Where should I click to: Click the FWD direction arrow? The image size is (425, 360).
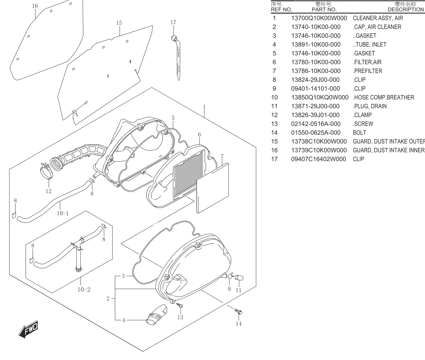[x=28, y=329]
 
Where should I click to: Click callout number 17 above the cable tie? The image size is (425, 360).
[x=173, y=22]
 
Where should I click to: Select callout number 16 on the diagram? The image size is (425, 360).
[x=35, y=6]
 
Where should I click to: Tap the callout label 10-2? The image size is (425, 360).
[x=84, y=290]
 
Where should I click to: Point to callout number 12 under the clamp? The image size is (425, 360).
[x=49, y=191]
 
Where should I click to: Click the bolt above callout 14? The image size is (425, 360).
[x=238, y=312]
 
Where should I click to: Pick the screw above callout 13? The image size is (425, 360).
[x=180, y=305]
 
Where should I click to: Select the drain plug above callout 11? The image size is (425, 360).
[x=239, y=278]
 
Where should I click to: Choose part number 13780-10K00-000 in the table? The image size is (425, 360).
[x=316, y=62]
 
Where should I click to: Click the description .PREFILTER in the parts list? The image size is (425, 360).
[x=367, y=71]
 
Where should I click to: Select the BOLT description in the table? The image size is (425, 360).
[x=359, y=133]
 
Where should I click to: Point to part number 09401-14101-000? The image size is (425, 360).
[x=315, y=89]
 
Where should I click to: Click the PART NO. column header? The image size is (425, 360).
[x=324, y=10]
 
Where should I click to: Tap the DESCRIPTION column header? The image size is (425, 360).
[x=406, y=10]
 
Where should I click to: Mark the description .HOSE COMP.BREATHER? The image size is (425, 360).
[x=383, y=98]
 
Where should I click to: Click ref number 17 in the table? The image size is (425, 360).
[x=274, y=159]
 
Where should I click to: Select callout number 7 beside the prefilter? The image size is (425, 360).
[x=222, y=156]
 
